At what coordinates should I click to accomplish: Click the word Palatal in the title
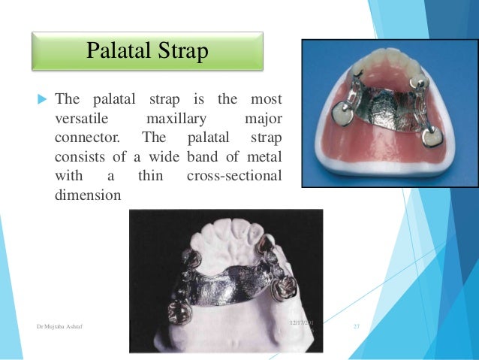click(x=119, y=51)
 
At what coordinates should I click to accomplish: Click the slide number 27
click(x=357, y=326)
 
